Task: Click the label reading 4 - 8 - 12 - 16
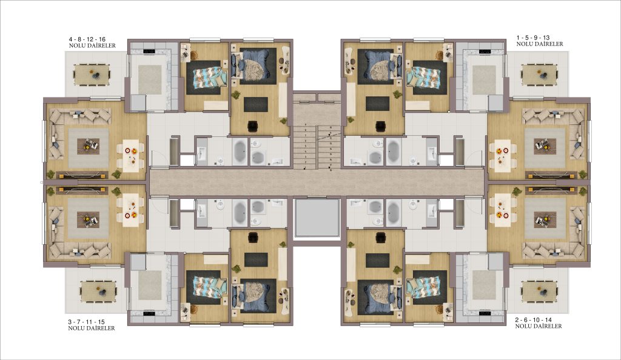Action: click(x=87, y=39)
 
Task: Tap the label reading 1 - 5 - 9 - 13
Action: click(x=532, y=38)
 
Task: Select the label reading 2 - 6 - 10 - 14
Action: click(x=534, y=319)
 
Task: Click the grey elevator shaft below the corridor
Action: click(x=317, y=218)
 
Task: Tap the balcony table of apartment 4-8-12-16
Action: click(x=92, y=75)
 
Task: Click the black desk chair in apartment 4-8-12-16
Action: click(x=253, y=126)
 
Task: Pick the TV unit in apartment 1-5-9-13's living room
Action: click(x=551, y=175)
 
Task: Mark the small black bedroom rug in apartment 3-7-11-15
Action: click(x=256, y=260)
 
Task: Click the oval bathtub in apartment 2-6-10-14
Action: click(x=393, y=212)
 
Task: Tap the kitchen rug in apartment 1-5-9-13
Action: click(x=484, y=80)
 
